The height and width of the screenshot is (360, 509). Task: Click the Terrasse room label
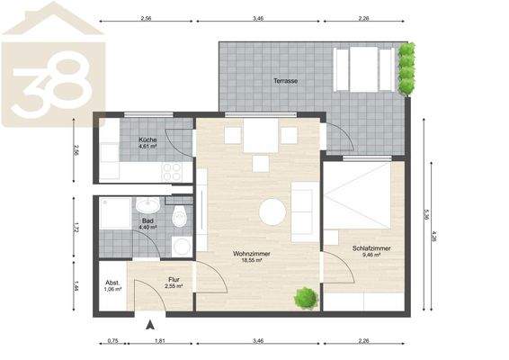[286, 81]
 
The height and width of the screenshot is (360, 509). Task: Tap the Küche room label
[148, 141]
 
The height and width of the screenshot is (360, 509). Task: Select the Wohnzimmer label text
[252, 254]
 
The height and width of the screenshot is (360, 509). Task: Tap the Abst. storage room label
[112, 280]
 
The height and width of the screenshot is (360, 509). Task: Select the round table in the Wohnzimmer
[273, 212]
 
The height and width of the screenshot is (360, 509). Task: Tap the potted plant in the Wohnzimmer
[306, 296]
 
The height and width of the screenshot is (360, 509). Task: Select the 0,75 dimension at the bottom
[112, 342]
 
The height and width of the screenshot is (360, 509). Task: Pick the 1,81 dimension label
[159, 342]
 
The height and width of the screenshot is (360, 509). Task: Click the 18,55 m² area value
[252, 261]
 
